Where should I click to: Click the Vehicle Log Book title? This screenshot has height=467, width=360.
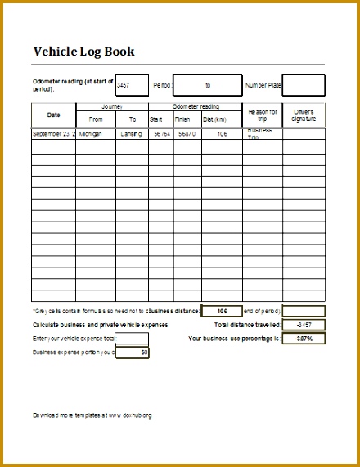coord(83,52)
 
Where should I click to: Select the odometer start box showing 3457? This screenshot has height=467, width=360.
coord(132,85)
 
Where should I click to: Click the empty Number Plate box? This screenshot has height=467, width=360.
coord(309,85)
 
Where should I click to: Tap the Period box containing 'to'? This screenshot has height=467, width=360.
coord(207,85)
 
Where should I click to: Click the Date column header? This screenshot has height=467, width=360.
coord(53,115)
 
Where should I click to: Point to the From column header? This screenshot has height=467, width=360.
coord(96,119)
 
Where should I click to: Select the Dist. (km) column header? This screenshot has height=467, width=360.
coord(222,119)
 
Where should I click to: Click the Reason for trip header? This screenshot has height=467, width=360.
coord(263,115)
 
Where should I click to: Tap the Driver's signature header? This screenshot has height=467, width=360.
coord(304,115)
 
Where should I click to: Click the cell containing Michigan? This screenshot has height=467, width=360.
coord(96,133)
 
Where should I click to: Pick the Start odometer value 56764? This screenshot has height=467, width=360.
coord(161,133)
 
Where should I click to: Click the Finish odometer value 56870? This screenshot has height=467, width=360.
coord(187,133)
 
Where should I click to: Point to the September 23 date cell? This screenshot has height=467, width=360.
coord(53,133)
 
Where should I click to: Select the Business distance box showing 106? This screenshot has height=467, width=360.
coord(221,312)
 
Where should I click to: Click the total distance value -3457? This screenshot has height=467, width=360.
coord(304,325)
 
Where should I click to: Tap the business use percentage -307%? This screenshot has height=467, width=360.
coord(304,338)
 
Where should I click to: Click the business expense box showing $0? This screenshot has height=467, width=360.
coord(133,352)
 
